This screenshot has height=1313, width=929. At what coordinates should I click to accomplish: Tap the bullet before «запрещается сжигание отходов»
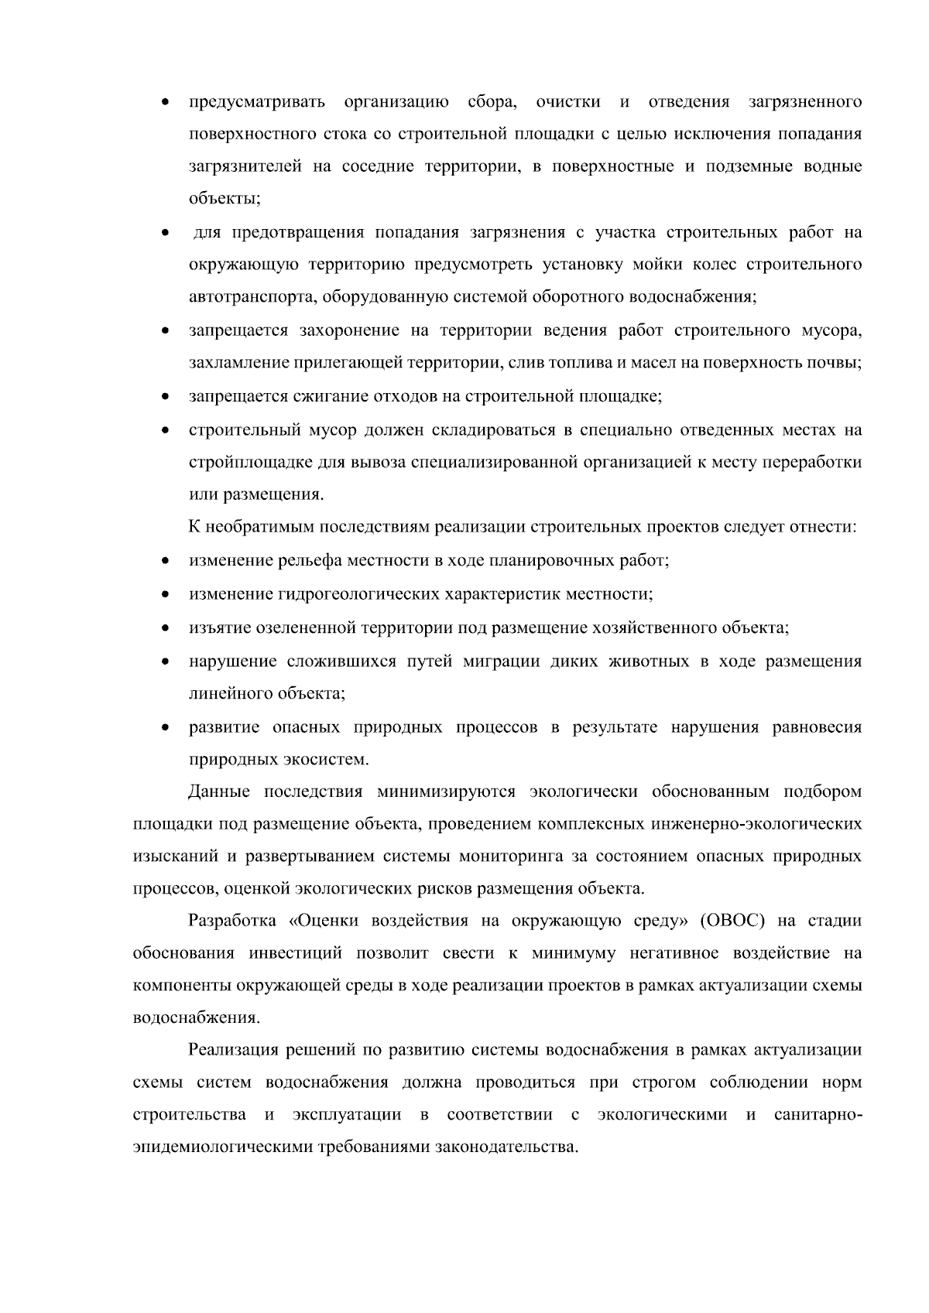(165, 398)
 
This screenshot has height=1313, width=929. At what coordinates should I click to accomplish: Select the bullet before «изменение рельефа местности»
(165, 561)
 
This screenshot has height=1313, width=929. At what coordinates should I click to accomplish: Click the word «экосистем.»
(331, 760)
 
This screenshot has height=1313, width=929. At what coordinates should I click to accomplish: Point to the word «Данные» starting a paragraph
(219, 792)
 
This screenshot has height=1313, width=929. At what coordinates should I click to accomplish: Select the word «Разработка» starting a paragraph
(232, 921)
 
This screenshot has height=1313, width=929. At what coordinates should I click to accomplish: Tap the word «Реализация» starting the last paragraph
(234, 1050)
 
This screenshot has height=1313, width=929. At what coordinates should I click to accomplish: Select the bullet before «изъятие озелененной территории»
(165, 627)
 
